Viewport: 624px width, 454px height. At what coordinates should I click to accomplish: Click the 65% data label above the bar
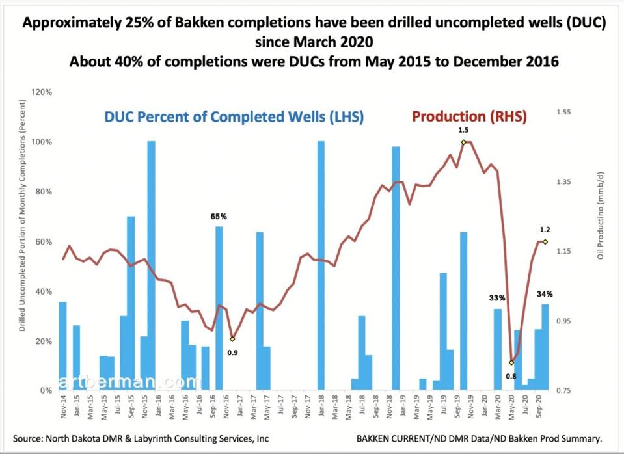pos(218,216)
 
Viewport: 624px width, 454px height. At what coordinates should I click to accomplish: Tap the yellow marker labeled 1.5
pos(463,142)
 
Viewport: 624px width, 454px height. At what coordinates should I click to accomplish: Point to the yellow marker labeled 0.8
pos(511,362)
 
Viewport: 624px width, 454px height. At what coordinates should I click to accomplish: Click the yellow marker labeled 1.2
pos(545,241)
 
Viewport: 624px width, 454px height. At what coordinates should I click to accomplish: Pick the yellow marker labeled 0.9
pos(232,339)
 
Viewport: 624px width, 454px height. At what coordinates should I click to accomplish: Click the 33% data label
pos(497,298)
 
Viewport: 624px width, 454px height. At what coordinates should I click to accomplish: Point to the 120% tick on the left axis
pos(42,92)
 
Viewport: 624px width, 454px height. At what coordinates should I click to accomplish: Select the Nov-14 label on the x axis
pos(62,407)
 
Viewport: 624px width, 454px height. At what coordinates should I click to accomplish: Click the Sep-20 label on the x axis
pos(538,407)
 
